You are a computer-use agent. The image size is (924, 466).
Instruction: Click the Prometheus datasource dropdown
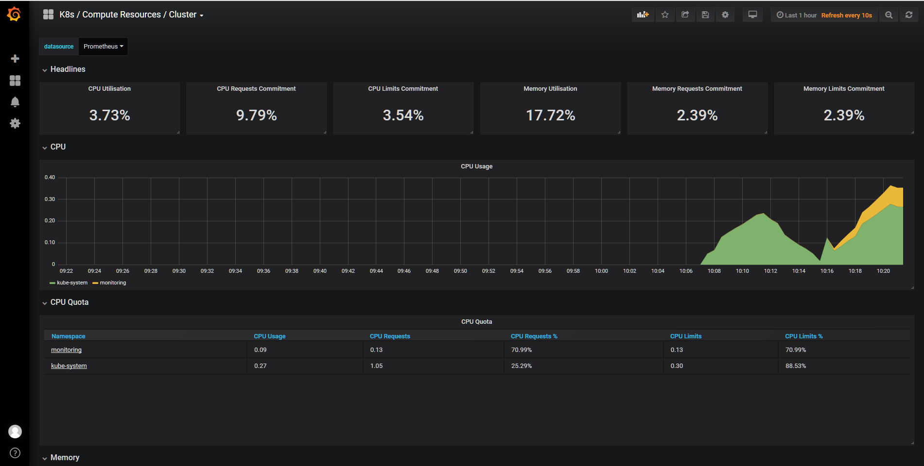[103, 47]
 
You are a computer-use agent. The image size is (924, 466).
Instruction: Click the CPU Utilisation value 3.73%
[110, 116]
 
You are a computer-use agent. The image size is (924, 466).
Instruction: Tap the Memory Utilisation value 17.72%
[550, 116]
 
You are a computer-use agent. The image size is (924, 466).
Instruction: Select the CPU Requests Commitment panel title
[256, 89]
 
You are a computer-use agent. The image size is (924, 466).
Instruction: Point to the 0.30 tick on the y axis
[50, 199]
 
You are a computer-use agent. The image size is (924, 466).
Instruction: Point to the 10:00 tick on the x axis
[601, 271]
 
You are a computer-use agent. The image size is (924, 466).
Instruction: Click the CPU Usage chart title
[476, 166]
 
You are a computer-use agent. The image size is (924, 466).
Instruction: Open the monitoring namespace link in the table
[66, 350]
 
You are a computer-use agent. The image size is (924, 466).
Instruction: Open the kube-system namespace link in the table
[69, 366]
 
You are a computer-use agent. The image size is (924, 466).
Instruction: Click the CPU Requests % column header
[534, 336]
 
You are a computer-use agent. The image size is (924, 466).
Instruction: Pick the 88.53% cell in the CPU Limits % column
[796, 366]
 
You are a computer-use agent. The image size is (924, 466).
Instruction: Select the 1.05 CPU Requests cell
[376, 366]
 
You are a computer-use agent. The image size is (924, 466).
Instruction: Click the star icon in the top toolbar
[665, 15]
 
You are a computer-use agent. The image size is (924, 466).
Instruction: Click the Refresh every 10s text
[846, 16]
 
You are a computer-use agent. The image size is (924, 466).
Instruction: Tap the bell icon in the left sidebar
[15, 102]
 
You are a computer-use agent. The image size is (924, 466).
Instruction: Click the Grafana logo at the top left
[14, 15]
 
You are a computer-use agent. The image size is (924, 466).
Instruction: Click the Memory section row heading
[65, 458]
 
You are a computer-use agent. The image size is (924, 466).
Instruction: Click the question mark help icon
[15, 453]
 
